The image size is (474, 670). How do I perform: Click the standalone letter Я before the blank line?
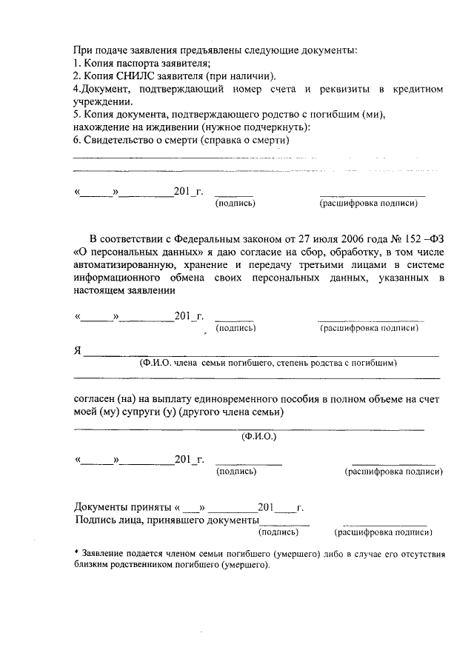pyautogui.click(x=78, y=350)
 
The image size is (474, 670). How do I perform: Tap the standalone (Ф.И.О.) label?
pyautogui.click(x=259, y=438)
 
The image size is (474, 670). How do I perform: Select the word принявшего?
pyautogui.click(x=161, y=520)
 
